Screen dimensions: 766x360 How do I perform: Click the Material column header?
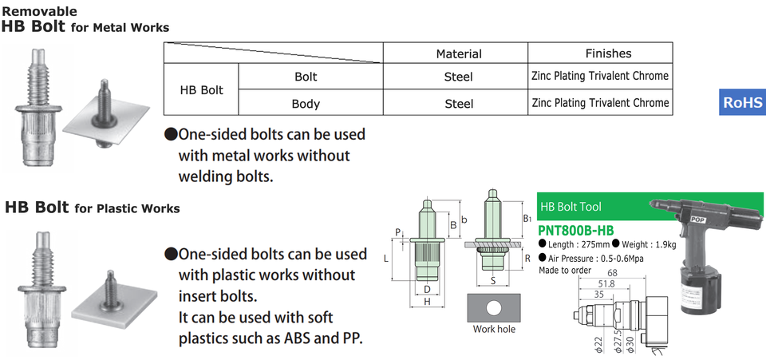[x=458, y=53]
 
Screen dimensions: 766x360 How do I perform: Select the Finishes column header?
[x=608, y=53]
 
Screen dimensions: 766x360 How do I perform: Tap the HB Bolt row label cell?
[x=201, y=90]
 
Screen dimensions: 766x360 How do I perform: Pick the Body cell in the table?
[x=306, y=104]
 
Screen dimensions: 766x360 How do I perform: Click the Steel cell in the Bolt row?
[x=458, y=77]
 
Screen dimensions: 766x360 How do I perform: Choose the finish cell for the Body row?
[x=600, y=103]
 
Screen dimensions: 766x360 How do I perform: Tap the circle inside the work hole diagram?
[x=495, y=307]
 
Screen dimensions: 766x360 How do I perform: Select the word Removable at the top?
[x=39, y=11]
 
